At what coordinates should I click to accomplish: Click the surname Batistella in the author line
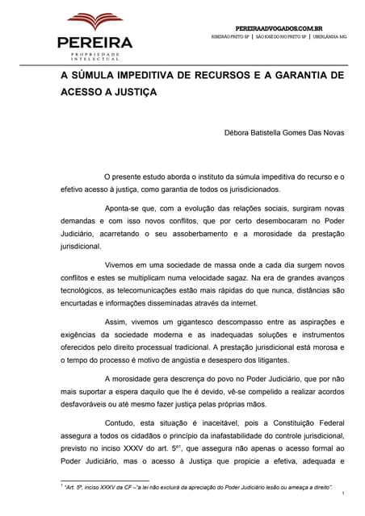coord(276,133)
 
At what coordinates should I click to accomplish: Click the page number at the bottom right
coord(344,493)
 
